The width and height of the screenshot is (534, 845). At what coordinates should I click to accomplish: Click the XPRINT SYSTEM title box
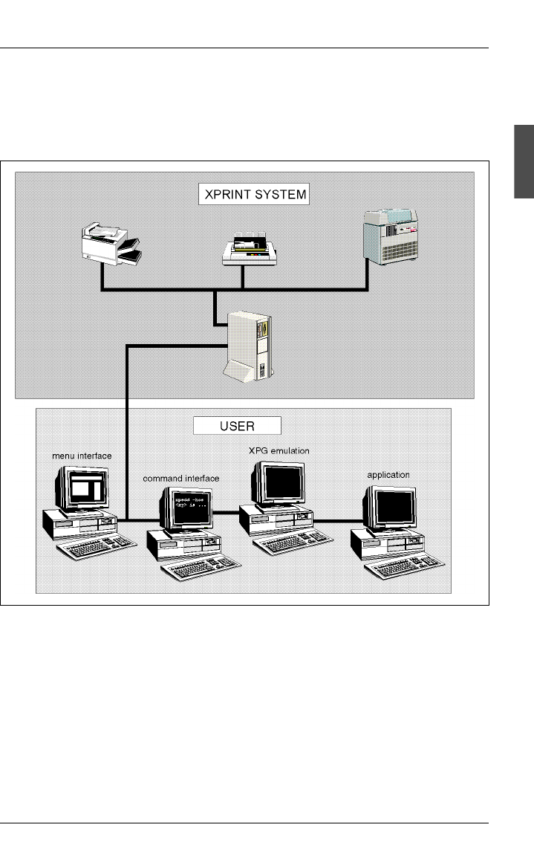(x=255, y=195)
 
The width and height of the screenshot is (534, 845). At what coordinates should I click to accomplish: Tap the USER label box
(x=238, y=426)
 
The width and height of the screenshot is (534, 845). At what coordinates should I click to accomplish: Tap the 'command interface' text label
(x=180, y=479)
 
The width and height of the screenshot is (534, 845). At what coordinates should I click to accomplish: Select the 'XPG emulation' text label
(x=279, y=450)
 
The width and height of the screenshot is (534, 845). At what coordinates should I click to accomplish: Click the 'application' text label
(x=388, y=474)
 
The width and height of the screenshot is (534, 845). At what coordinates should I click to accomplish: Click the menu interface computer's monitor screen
(x=87, y=488)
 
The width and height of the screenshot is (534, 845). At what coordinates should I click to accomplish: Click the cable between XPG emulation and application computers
(x=334, y=519)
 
